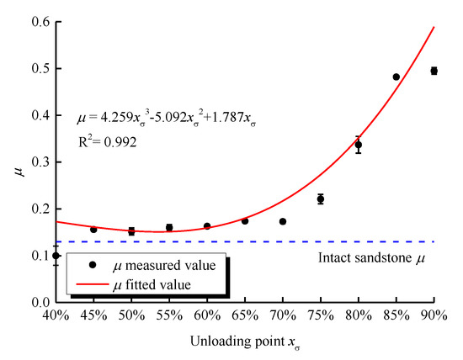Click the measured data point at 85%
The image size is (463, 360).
396,77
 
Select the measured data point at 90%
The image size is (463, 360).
434,71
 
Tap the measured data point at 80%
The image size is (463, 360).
358,145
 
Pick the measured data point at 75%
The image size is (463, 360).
320,199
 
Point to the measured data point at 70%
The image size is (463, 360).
283,221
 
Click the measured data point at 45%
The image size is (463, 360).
93,229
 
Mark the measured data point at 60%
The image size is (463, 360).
207,225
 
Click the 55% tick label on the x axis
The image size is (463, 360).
169,316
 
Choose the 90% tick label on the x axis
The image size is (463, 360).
434,316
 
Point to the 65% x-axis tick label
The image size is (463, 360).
245,316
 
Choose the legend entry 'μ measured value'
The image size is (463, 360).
164,265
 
